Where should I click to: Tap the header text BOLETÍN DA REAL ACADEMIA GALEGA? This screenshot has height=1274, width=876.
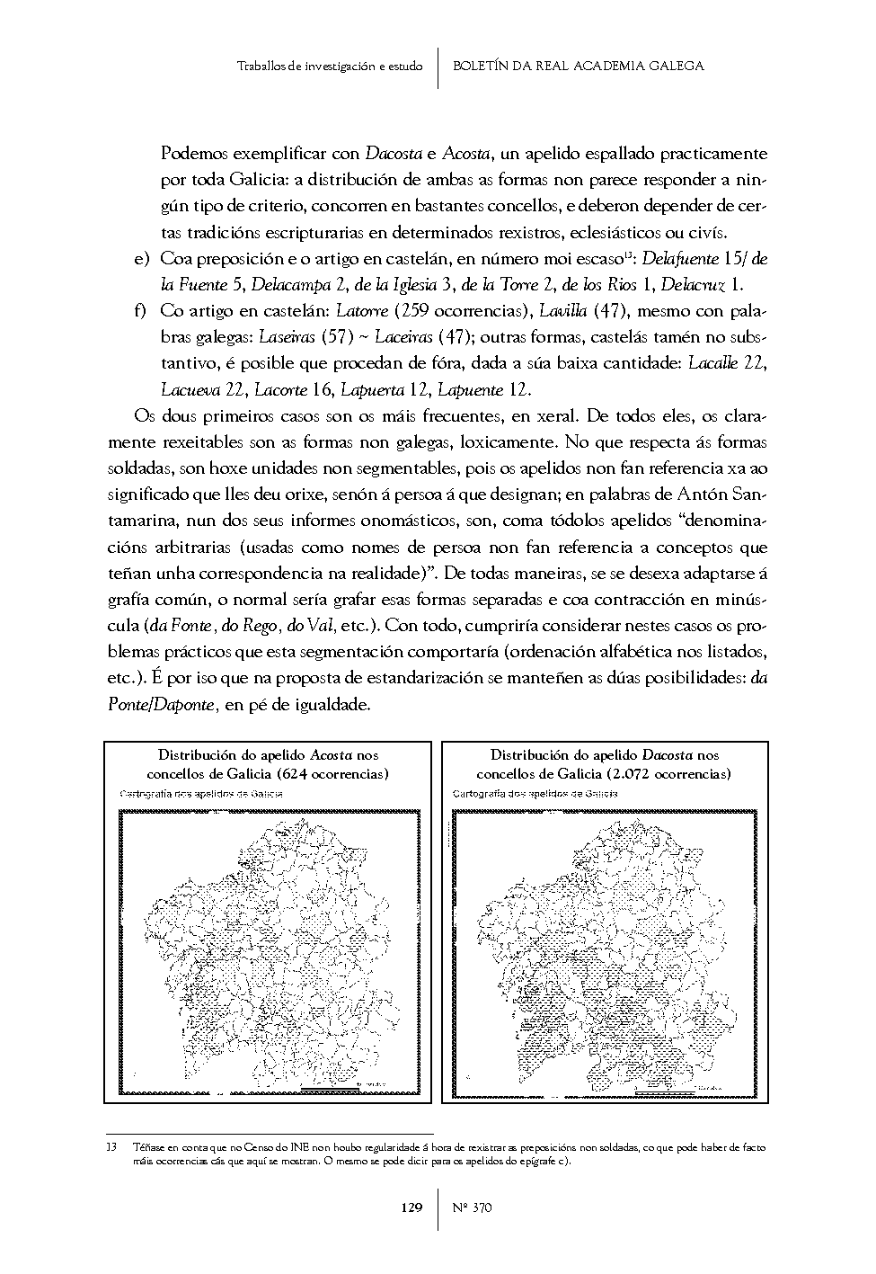[578, 66]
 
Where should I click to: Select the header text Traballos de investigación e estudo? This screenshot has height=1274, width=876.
[329, 67]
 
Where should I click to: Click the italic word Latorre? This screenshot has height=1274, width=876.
[362, 312]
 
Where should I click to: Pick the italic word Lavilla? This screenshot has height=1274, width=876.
[562, 312]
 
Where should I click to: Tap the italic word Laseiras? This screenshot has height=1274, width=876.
[287, 338]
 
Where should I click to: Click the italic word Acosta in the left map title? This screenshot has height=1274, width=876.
[331, 755]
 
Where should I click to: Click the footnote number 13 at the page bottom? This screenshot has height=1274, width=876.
[111, 1147]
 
